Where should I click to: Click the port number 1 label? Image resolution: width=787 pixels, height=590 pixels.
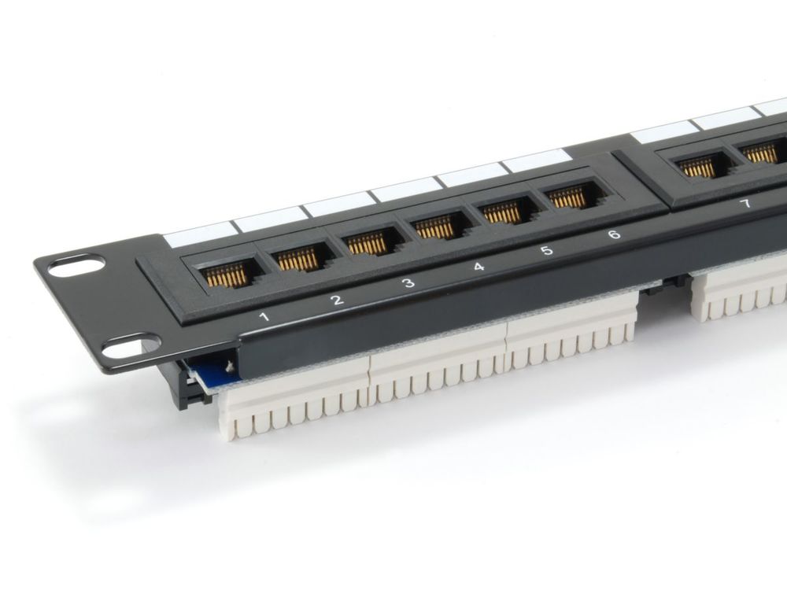(264, 316)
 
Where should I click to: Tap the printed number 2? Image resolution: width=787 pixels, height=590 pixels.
(338, 300)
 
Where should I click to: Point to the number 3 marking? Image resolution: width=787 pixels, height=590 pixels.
(409, 282)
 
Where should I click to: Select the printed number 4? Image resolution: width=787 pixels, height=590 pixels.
(478, 267)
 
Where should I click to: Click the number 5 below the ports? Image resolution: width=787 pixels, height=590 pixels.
(547, 250)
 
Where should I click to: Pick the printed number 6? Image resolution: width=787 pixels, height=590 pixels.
(614, 234)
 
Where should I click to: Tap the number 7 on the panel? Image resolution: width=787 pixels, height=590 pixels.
(746, 204)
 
